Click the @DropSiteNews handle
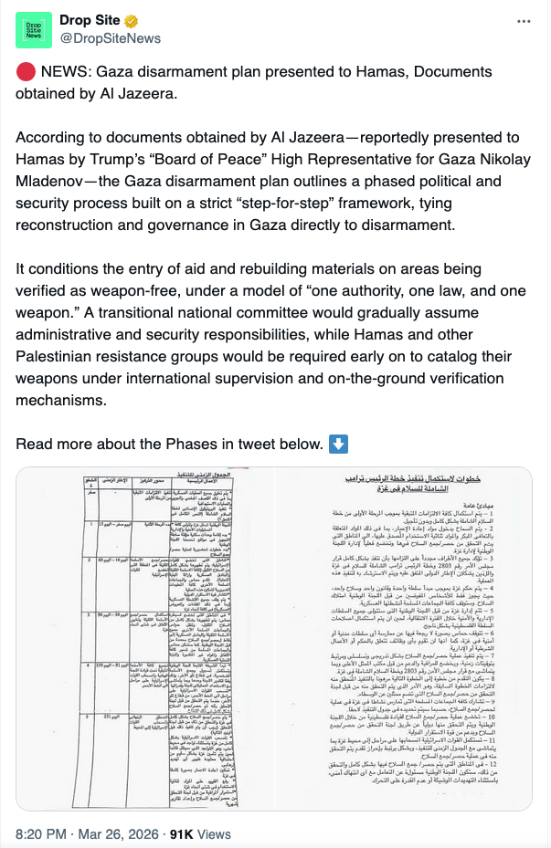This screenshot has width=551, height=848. [110, 38]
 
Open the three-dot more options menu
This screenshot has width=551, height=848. [523, 21]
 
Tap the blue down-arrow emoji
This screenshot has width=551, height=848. [337, 445]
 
